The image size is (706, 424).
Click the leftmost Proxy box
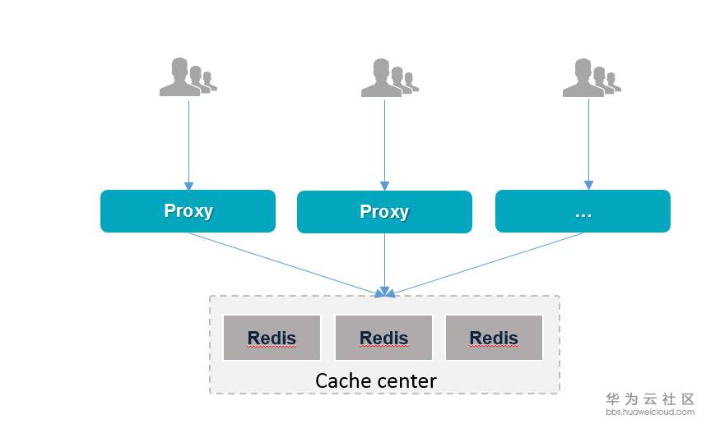[188, 211]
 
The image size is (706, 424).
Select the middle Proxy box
[384, 212]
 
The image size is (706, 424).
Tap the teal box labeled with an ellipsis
[583, 211]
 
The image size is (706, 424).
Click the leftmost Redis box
[272, 338]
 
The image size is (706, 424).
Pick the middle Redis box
[383, 338]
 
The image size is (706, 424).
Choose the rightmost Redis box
[494, 338]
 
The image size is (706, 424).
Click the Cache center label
[376, 380]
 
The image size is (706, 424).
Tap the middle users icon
[388, 78]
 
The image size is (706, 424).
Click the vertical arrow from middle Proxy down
[384, 263]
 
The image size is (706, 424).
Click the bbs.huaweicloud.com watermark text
[650, 412]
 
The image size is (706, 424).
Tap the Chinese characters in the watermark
[650, 399]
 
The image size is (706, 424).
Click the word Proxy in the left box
[188, 210]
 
